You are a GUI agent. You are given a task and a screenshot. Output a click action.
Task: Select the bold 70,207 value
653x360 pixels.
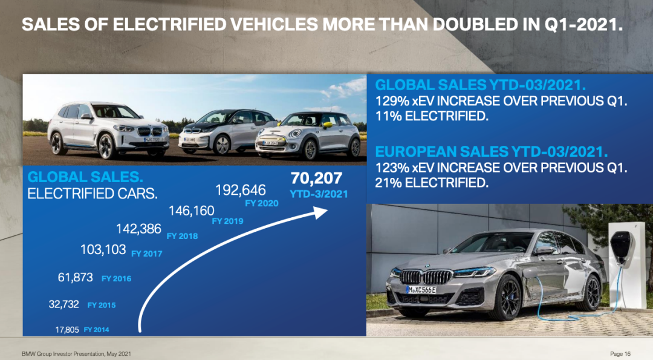click(316, 178)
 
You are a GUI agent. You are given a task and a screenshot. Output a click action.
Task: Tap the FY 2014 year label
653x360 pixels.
click(97, 330)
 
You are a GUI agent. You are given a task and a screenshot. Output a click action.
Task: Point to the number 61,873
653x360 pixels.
click(75, 278)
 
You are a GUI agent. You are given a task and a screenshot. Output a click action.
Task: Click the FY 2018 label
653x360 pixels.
click(182, 236)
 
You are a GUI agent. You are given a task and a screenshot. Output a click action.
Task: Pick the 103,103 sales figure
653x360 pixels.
click(103, 249)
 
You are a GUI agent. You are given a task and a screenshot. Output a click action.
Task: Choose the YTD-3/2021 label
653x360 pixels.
click(319, 194)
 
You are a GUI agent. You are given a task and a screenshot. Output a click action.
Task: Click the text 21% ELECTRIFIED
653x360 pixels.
click(432, 182)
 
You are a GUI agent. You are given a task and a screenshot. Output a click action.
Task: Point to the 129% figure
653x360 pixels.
click(391, 100)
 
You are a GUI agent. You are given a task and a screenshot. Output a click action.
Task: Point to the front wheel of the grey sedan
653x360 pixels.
click(506, 298)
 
